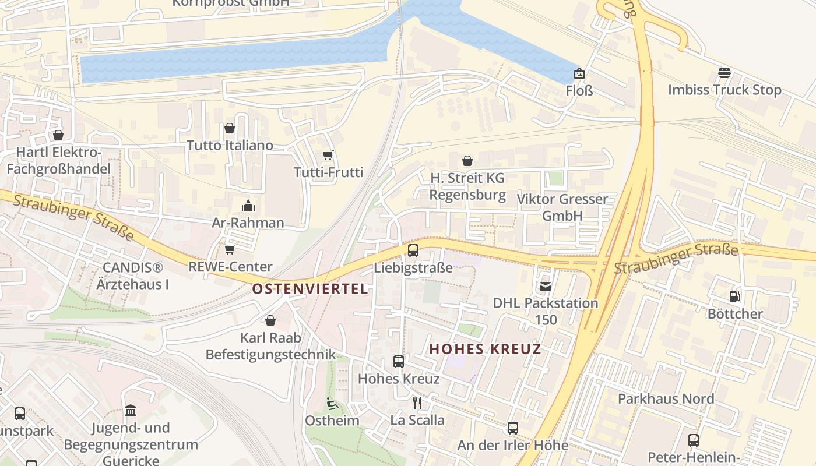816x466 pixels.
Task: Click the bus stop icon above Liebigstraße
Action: point(413,250)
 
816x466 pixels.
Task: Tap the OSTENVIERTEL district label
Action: point(310,288)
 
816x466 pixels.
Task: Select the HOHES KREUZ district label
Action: point(486,349)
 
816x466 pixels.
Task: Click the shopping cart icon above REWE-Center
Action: point(230,249)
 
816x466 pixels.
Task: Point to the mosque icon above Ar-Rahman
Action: point(248,206)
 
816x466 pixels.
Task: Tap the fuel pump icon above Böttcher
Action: point(735,296)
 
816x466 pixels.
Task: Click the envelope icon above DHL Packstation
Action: point(546,286)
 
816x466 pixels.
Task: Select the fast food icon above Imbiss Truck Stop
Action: point(724,73)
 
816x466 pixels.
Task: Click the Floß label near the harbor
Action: point(579,90)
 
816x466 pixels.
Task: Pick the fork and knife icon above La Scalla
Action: point(417,403)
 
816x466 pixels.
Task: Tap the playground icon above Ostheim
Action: point(332,403)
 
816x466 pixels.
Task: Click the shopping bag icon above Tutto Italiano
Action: point(230,128)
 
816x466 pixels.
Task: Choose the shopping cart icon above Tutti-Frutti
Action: point(328,155)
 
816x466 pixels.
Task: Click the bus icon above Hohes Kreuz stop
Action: point(399,362)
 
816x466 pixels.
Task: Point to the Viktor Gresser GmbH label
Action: point(562,207)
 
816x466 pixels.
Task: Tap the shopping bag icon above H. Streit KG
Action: point(467,161)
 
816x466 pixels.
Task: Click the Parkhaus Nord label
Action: point(666,398)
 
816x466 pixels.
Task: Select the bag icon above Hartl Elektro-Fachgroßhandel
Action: point(58,136)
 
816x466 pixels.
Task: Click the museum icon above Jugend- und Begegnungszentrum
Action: point(131,411)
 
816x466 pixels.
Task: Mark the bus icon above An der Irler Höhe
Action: point(512,428)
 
